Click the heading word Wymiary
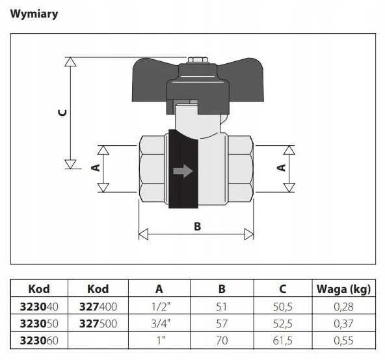34,14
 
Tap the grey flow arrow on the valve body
183,171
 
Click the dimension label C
62,113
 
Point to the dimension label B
198,227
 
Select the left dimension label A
96,168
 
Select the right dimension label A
282,168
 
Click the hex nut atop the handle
198,60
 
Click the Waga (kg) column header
343,289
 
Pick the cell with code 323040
39,307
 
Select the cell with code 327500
98,324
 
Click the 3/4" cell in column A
161,324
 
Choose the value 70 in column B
222,340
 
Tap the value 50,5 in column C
283,307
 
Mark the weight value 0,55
343,340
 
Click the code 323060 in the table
39,340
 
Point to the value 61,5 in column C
283,340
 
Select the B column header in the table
222,289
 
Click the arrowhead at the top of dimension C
70,62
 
